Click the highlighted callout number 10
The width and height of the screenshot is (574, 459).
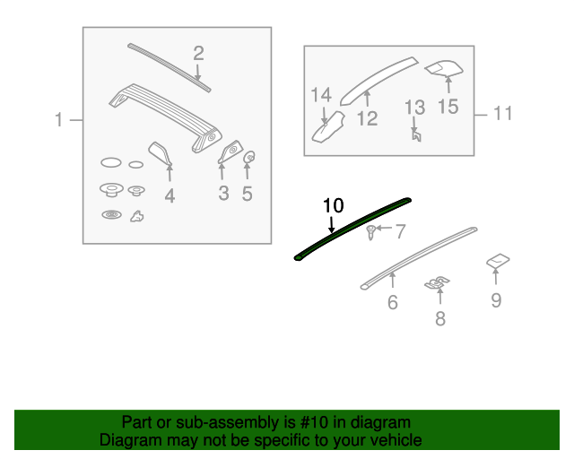click(x=333, y=205)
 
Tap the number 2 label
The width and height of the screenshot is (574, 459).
click(x=198, y=54)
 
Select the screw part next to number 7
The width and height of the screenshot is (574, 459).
click(x=370, y=232)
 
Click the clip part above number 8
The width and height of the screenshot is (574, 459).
click(x=437, y=283)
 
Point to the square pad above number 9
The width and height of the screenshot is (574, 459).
click(x=498, y=261)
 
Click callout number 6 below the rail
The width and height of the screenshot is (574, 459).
click(x=393, y=302)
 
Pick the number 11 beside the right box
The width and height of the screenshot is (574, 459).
click(x=502, y=113)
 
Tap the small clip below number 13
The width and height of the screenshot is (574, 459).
click(x=416, y=135)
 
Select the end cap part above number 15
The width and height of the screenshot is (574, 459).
click(x=444, y=69)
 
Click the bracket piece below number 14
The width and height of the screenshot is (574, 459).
click(x=328, y=127)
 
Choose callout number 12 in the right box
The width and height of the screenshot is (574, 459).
click(x=367, y=118)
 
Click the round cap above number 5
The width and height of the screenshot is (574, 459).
click(x=249, y=158)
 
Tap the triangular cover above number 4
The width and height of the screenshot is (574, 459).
click(x=160, y=152)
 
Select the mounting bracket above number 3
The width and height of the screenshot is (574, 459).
click(x=230, y=151)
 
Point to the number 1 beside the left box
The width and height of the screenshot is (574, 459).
click(x=58, y=120)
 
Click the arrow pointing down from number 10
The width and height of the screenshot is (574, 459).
click(x=331, y=224)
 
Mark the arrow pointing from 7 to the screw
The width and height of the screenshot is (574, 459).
click(x=384, y=228)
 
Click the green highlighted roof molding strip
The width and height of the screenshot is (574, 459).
click(x=352, y=229)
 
